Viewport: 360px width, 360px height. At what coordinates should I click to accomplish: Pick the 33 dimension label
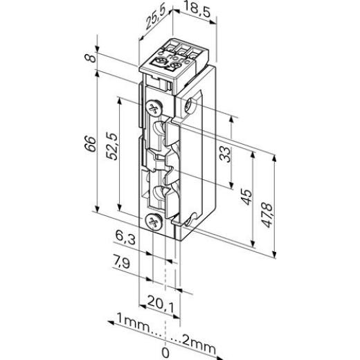coord(224,154)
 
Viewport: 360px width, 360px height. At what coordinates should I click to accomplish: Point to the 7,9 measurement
coord(125,263)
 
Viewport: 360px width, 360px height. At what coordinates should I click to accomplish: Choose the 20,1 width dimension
coord(161,303)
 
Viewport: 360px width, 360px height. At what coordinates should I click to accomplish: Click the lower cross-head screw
coord(154,222)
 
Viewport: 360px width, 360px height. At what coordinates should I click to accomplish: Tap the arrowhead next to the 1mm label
coord(109,323)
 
